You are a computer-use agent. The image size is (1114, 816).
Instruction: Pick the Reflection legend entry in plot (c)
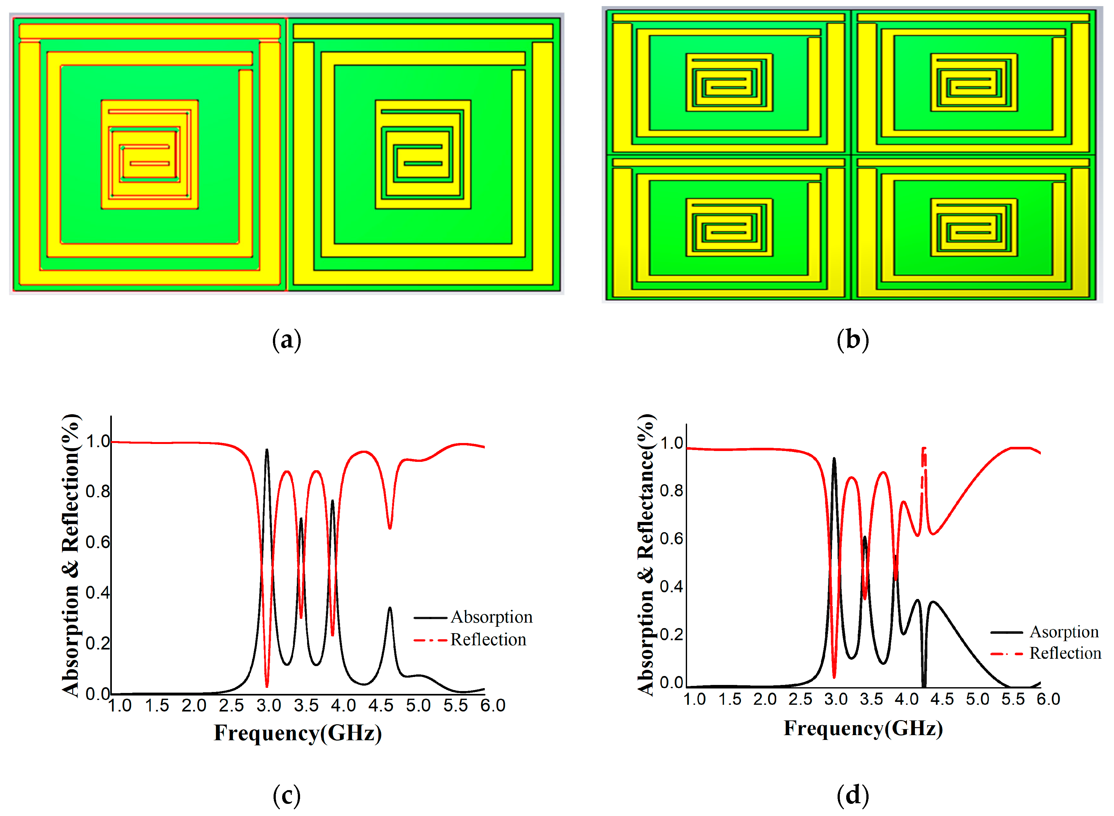pos(488,640)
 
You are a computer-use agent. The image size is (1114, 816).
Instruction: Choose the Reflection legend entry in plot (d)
pos(1065,654)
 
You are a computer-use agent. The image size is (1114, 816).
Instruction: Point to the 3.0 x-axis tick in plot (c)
pos(269,705)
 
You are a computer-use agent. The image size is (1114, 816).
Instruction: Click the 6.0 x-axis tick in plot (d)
pos(1048,699)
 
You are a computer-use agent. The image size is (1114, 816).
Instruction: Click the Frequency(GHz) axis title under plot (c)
pos(298,733)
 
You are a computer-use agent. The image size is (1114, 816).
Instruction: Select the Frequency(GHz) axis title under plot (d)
pos(863,728)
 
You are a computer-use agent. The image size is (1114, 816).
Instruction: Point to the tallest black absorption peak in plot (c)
pos(267,450)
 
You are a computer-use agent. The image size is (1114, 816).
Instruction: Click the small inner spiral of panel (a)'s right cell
pos(423,155)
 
